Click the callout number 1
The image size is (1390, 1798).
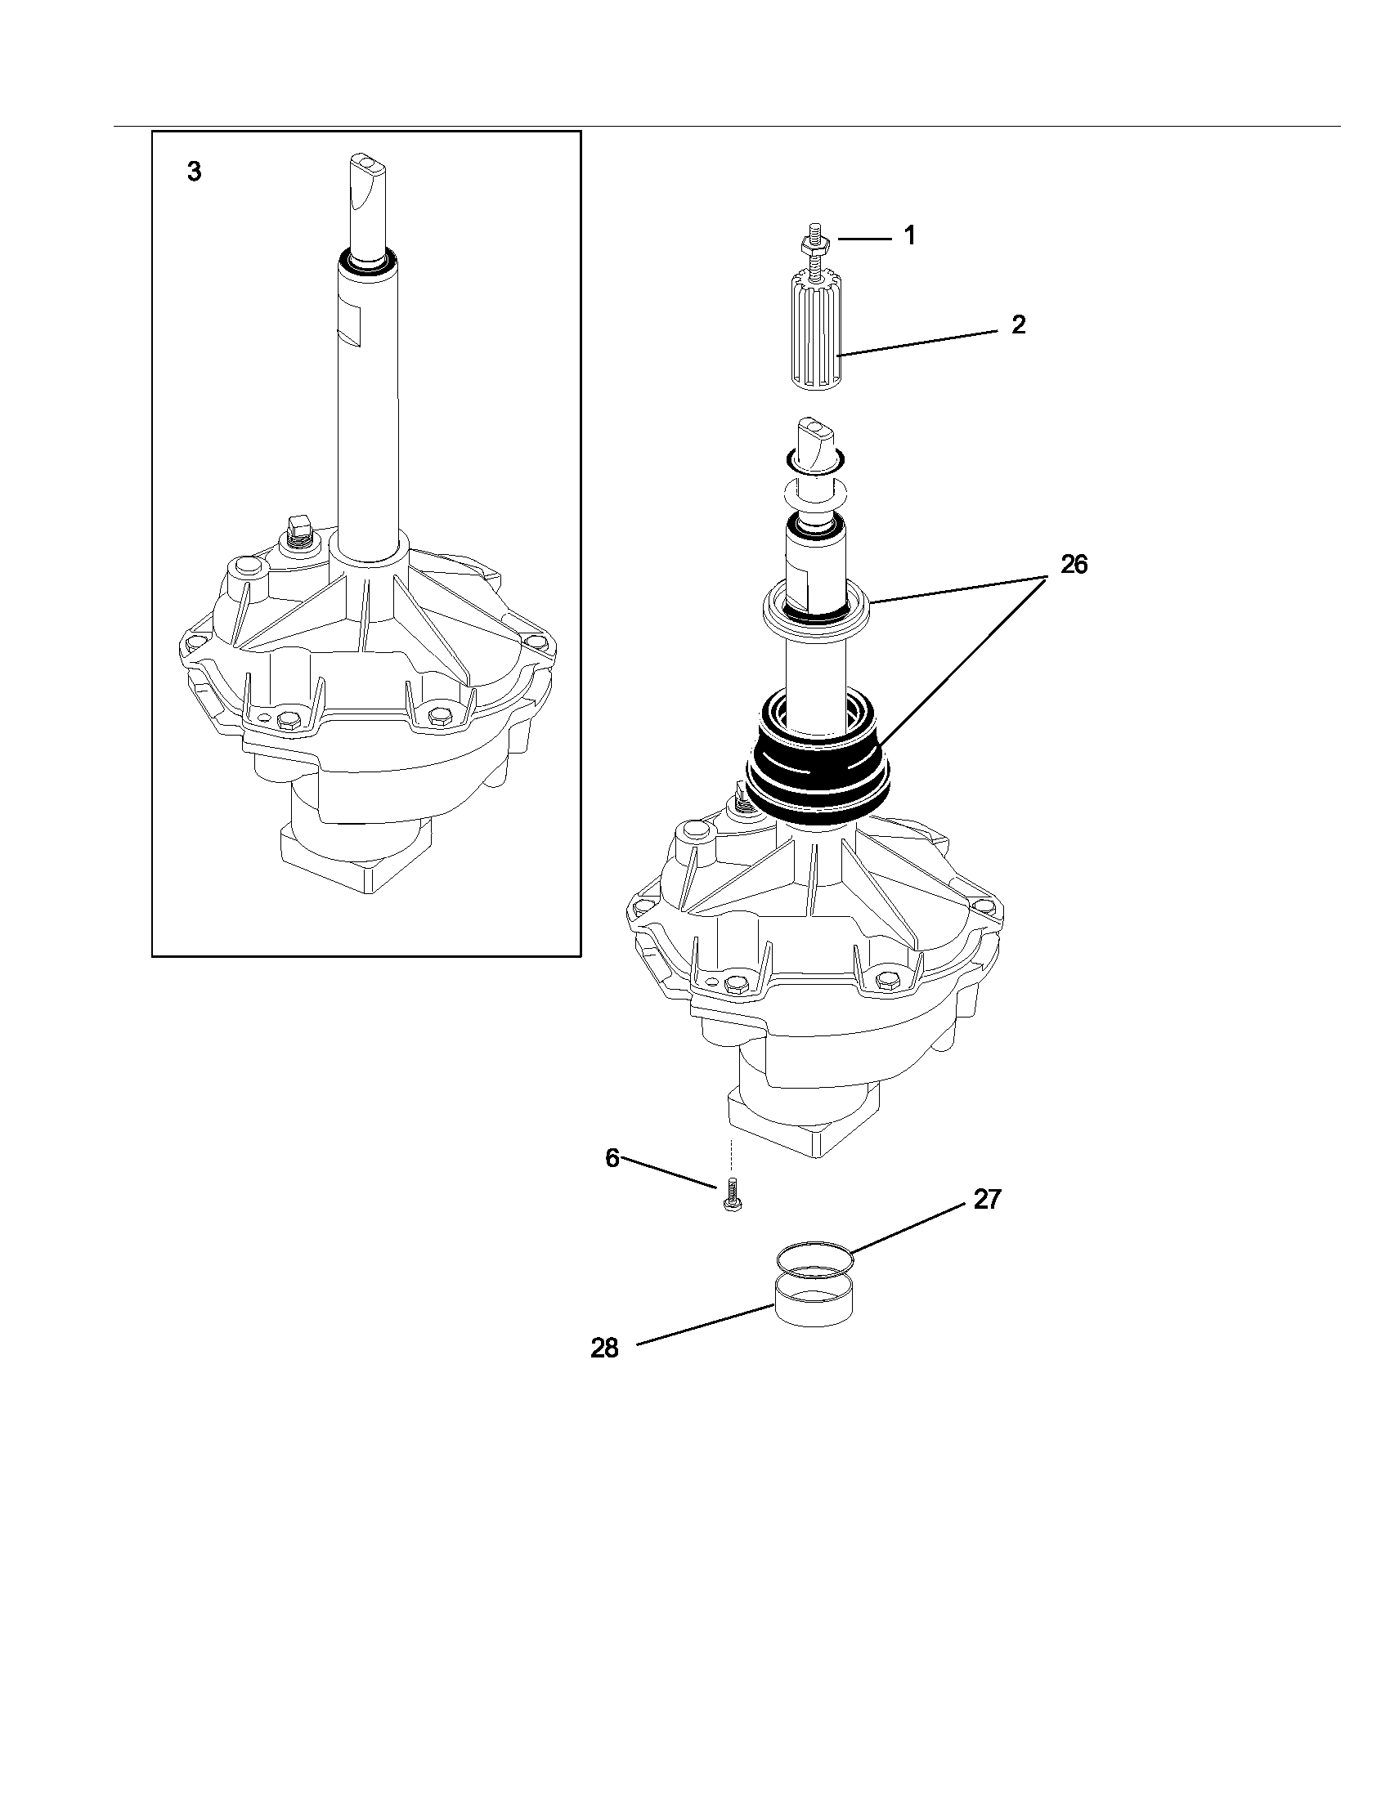[909, 236]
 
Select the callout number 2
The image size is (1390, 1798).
[1019, 325]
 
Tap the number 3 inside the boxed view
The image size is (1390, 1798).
[194, 173]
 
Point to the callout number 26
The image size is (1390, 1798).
[1074, 565]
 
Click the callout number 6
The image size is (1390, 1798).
[612, 1158]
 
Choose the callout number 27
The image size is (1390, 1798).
[987, 1201]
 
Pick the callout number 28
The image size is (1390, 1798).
[603, 1348]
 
